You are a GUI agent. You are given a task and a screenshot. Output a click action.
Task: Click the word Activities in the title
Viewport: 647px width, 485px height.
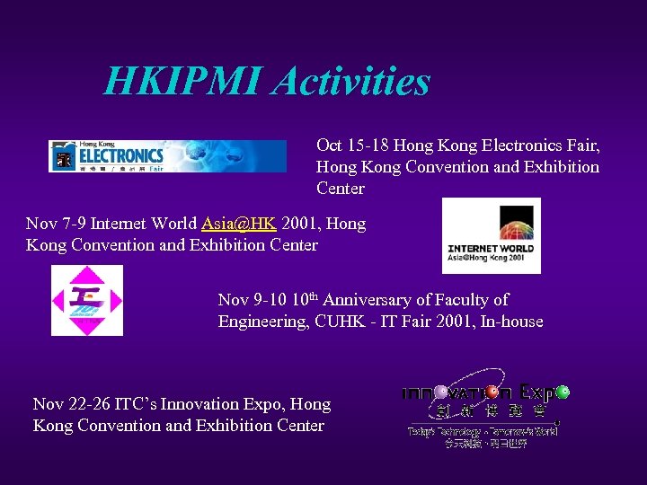351,82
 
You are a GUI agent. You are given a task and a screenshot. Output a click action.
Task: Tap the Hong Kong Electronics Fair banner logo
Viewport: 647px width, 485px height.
167,155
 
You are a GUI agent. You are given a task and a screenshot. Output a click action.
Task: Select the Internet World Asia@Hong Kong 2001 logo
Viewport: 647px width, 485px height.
492,235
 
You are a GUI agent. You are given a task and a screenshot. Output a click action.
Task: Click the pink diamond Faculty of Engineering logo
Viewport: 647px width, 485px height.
87,301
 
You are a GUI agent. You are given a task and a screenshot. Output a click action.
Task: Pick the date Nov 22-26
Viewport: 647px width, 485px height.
73,404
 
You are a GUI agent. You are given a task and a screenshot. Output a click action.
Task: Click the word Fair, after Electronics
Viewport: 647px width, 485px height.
582,145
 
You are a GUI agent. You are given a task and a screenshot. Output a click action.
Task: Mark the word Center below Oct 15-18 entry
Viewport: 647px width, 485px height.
341,189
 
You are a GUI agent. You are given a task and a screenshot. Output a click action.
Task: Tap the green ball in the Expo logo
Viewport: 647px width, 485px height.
563,392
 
